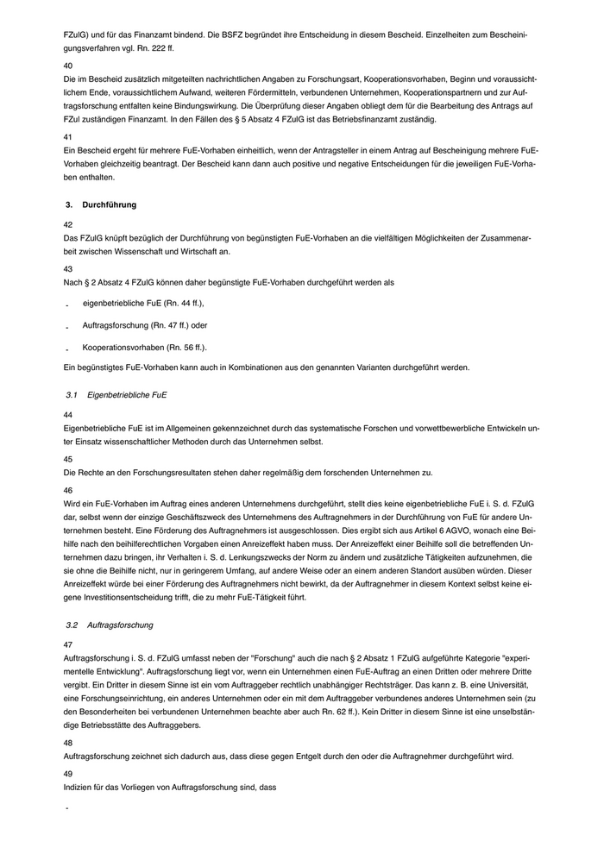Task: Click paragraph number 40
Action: tap(68, 66)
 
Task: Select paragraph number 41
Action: tap(68, 136)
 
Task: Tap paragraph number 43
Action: tap(68, 268)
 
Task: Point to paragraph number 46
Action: tap(68, 490)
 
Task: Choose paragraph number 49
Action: tap(68, 774)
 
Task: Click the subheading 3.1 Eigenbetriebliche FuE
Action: tap(116, 394)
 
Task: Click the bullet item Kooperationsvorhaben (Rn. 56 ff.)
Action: tap(145, 348)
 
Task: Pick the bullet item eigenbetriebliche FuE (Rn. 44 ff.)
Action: tap(143, 304)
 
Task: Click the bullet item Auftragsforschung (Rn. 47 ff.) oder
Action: tap(145, 325)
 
